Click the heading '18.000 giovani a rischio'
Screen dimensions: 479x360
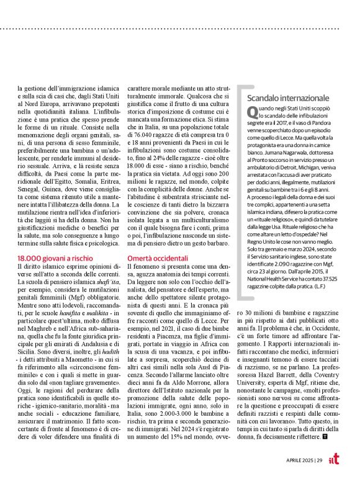55,257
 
